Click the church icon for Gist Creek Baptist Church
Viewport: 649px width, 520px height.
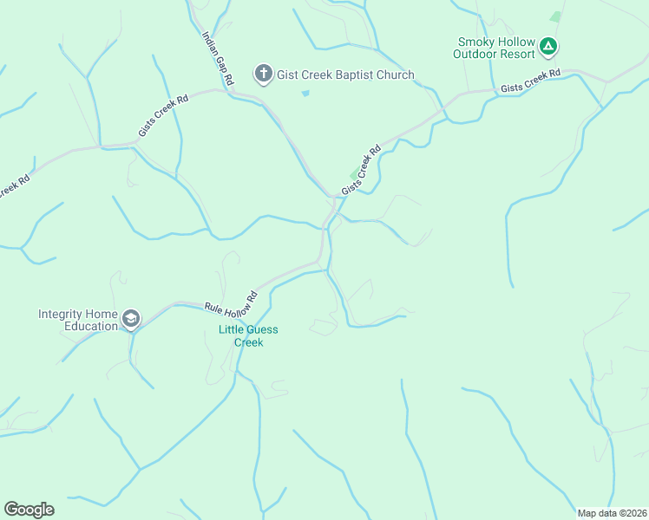(x=264, y=75)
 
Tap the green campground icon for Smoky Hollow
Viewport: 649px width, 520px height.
(x=547, y=46)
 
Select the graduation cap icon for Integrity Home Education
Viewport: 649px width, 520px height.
(x=131, y=320)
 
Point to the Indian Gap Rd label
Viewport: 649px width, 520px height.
(x=218, y=58)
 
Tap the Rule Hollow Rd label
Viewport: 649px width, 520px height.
(x=232, y=301)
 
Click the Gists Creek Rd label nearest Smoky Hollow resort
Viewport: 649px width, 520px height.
(x=529, y=81)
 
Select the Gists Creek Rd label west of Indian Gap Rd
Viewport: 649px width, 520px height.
(x=163, y=116)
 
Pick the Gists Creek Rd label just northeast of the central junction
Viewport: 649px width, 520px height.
(x=361, y=170)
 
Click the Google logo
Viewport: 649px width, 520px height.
(x=29, y=510)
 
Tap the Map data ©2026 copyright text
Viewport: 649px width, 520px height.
(x=612, y=513)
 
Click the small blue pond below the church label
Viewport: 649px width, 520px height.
(x=305, y=93)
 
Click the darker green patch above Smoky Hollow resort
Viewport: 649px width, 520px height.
(x=555, y=16)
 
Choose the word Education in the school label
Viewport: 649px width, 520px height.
(x=90, y=326)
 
